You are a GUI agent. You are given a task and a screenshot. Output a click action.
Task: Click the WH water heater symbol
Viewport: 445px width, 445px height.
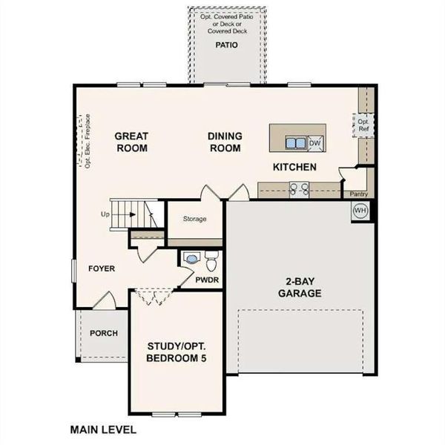360,210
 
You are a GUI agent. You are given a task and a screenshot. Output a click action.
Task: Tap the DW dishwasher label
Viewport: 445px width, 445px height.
314,142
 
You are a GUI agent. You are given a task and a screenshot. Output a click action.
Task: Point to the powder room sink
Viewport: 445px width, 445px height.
192,260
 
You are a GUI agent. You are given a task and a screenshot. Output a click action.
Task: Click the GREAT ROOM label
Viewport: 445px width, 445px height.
131,142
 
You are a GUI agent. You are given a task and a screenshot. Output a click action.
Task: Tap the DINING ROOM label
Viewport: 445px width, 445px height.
224,142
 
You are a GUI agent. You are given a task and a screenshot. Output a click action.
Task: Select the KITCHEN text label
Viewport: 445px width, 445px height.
294,167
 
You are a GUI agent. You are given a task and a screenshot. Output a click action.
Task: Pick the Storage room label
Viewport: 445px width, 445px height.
194,219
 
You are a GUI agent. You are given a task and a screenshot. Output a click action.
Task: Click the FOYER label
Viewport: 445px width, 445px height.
102,268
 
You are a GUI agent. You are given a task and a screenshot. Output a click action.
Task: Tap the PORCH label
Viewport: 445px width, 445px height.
104,333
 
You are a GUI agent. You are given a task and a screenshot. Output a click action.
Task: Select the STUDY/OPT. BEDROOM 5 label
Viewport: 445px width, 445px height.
177,352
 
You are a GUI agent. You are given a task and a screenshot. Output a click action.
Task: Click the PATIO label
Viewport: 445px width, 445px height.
225,45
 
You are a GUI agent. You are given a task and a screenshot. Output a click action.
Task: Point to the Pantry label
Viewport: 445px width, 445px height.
359,194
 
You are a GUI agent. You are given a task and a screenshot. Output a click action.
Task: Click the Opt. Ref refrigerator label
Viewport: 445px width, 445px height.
363,125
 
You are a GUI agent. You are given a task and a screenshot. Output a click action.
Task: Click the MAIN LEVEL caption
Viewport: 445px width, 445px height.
103,429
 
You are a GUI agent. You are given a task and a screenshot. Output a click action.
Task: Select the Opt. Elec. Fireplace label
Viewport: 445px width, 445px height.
88,141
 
